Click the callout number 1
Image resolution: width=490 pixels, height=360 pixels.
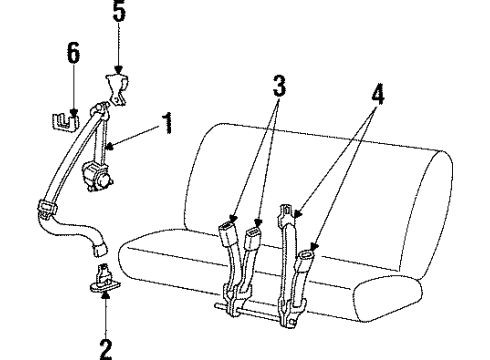tap(168, 123)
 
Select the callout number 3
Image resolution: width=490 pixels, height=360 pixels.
tap(279, 86)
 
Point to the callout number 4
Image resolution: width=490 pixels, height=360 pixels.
tap(378, 94)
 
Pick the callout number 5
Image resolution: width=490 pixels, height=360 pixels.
tap(119, 11)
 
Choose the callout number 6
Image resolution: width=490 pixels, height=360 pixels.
tap(73, 52)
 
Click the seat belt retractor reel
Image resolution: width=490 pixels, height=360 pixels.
tap(98, 176)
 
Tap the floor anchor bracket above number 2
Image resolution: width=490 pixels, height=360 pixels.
tap(103, 279)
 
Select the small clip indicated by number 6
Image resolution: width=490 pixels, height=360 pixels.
tap(66, 122)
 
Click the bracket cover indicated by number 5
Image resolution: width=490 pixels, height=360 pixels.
tap(117, 89)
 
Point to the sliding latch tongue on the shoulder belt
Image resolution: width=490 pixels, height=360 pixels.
tap(47, 208)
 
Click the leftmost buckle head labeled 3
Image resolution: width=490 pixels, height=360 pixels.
tap(228, 234)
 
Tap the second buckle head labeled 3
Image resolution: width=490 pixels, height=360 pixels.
tap(253, 238)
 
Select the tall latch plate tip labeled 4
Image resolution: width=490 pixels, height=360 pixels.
tap(286, 212)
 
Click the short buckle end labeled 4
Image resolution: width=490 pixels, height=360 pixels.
tap(306, 259)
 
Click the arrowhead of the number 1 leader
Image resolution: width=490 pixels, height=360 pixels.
tap(109, 146)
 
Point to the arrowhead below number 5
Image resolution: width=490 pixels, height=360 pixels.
tap(119, 70)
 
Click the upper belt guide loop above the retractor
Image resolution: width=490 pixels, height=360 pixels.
tap(100, 110)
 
